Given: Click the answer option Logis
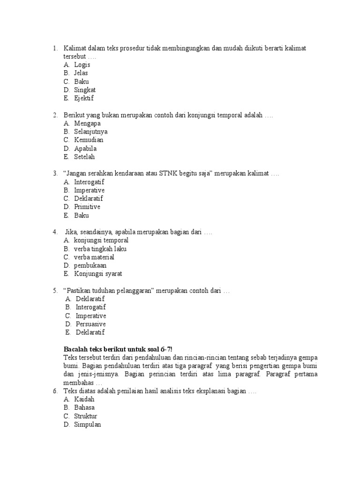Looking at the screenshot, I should (x=82, y=65).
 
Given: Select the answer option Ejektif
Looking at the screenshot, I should (x=84, y=98).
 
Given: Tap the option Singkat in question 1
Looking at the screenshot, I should (x=85, y=90).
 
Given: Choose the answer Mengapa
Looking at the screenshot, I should (x=87, y=123).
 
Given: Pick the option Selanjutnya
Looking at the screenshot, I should (x=90, y=132).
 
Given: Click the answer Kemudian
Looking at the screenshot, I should (x=89, y=140).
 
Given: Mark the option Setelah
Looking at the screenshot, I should (x=84, y=157).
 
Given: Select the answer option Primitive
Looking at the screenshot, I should (x=87, y=207).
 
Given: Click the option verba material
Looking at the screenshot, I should (x=94, y=257).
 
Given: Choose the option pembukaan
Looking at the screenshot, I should (x=90, y=265).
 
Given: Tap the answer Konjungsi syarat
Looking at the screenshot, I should (x=98, y=274).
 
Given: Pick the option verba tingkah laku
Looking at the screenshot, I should (x=100, y=249).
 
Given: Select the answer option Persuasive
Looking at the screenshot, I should (x=91, y=324).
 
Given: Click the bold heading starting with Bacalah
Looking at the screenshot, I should (x=118, y=349).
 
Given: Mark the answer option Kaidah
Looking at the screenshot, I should (x=84, y=399).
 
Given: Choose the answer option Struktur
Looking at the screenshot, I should (x=86, y=416).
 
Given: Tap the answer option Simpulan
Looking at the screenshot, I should (x=88, y=425).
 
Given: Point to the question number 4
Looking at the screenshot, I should (x=55, y=232).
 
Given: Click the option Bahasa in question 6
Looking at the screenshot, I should (x=84, y=408).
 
